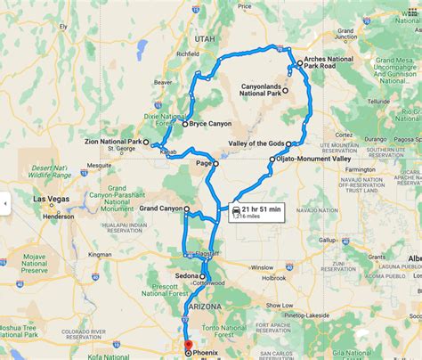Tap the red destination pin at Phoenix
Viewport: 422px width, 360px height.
(187, 345)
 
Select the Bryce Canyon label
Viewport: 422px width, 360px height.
(210, 125)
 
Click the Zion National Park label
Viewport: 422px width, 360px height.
(110, 142)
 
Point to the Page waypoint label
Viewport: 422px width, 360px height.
(203, 163)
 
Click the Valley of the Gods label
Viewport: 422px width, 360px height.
(255, 143)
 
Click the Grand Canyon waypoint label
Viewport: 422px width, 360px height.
(160, 209)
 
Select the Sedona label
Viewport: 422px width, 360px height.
(186, 277)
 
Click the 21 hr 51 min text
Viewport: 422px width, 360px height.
(262, 209)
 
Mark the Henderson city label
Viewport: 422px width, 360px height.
(58, 216)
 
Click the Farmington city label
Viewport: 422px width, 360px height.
(364, 168)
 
